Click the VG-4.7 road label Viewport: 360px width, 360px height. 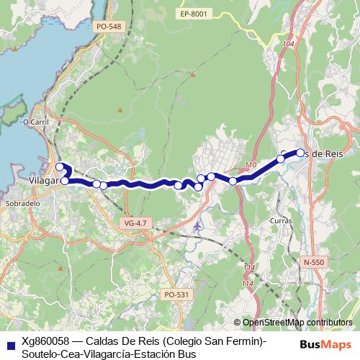pyautogui.click(x=135, y=224)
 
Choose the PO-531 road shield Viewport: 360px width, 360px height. pyautogui.click(x=176, y=294)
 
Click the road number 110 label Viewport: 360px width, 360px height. pyautogui.click(x=250, y=166)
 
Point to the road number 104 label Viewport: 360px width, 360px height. pyautogui.click(x=289, y=45)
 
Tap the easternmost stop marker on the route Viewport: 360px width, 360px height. pyautogui.click(x=301, y=152)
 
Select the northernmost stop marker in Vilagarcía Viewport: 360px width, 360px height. pyautogui.click(x=60, y=167)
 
